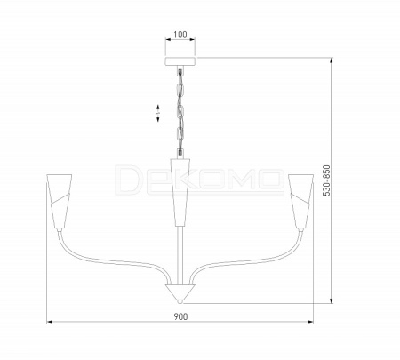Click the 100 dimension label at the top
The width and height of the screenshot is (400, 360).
tap(180, 35)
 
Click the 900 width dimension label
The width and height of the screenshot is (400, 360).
tap(180, 316)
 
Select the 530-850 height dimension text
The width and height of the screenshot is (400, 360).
tap(326, 180)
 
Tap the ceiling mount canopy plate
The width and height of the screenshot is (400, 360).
tap(180, 61)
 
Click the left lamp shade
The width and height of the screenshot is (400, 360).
tap(60, 201)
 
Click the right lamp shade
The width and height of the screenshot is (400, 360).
tap(300, 201)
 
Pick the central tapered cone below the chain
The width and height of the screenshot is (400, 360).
tap(180, 193)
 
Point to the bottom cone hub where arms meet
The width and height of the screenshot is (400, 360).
tap(180, 292)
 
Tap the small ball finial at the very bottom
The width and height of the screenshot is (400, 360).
tap(180, 301)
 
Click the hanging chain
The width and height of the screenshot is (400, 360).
tap(180, 111)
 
